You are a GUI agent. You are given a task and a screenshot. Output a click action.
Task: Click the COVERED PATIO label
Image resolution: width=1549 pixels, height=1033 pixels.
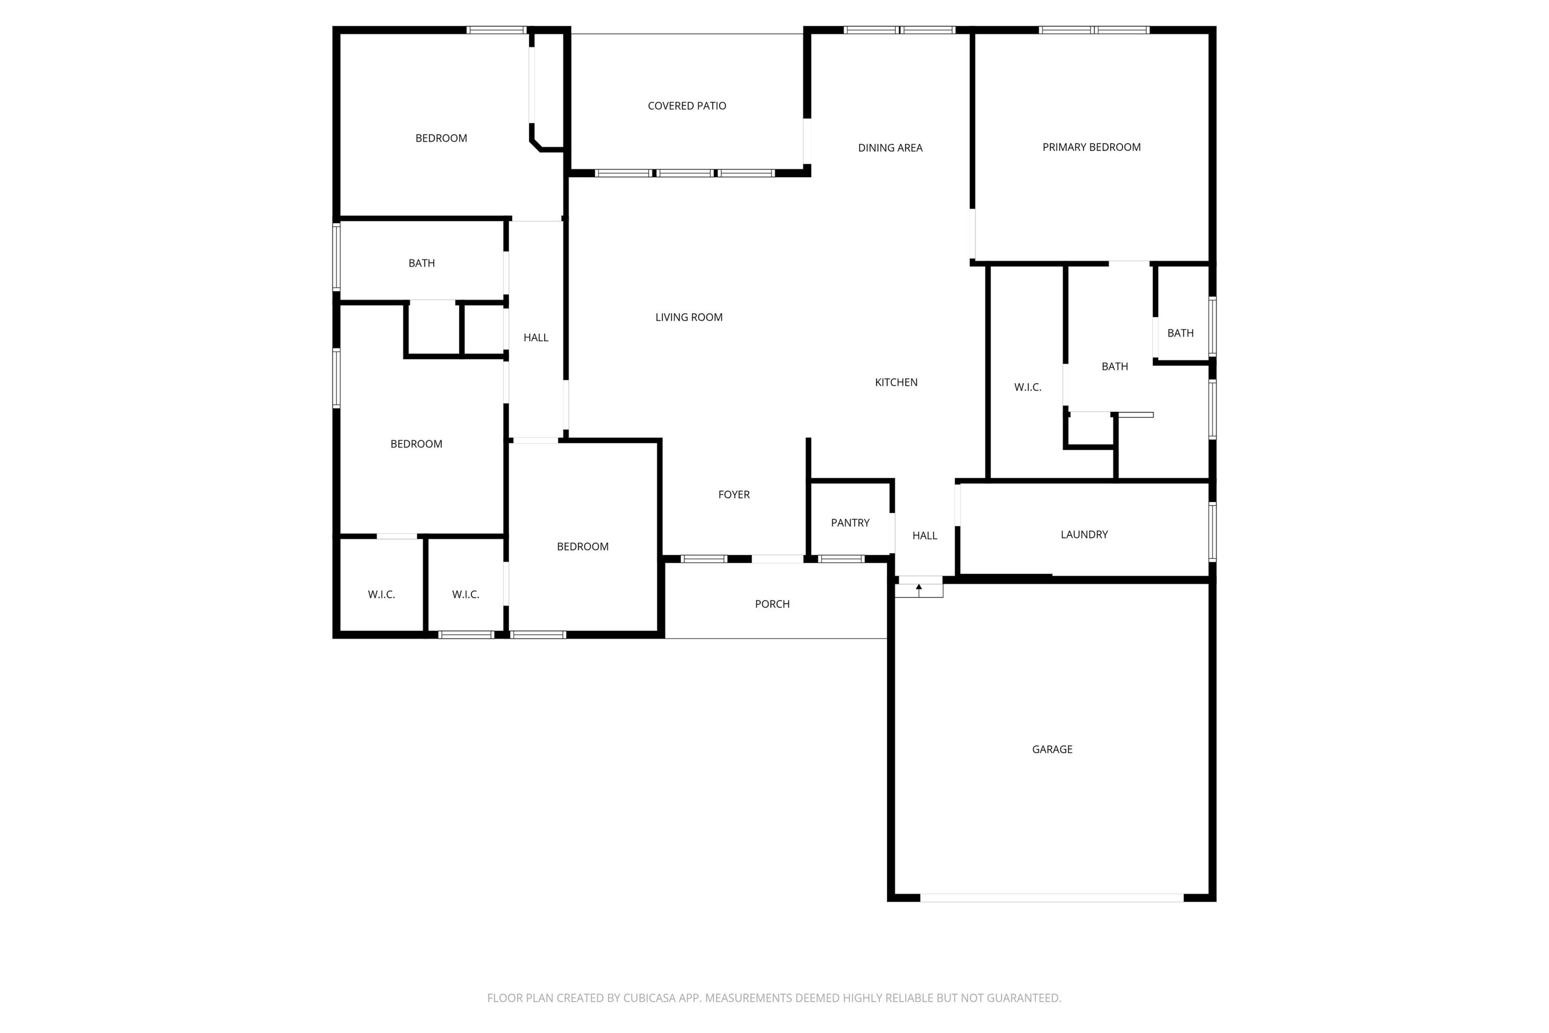pyautogui.click(x=686, y=106)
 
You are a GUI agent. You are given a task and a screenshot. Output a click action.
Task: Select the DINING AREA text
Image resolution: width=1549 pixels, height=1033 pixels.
pyautogui.click(x=890, y=148)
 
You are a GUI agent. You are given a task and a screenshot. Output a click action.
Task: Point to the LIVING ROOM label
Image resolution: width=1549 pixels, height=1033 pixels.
pyautogui.click(x=688, y=318)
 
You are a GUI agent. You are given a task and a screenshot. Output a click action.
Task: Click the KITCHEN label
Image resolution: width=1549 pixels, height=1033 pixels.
pyautogui.click(x=896, y=383)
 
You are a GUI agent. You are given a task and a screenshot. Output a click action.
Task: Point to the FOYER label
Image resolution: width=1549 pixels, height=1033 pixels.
pyautogui.click(x=734, y=495)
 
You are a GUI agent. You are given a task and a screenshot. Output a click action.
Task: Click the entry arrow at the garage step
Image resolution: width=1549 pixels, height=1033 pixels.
pyautogui.click(x=919, y=588)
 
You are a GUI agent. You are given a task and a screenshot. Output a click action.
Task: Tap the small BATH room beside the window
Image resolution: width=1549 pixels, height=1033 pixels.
pyautogui.click(x=1180, y=333)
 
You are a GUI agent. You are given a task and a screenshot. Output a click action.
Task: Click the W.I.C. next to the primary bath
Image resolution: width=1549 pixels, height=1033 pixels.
pyautogui.click(x=1028, y=387)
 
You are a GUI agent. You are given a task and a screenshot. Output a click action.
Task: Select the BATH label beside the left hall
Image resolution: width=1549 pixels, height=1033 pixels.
pyautogui.click(x=421, y=263)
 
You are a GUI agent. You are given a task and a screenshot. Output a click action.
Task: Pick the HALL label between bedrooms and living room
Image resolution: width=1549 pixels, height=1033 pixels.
pyautogui.click(x=535, y=338)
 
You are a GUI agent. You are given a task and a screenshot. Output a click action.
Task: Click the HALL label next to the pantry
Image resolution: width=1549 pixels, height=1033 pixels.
pyautogui.click(x=924, y=536)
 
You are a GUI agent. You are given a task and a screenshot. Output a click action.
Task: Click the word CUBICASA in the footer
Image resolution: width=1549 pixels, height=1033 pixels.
pyautogui.click(x=650, y=998)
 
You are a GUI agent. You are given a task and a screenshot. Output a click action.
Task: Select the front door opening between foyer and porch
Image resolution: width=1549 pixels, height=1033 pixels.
pyautogui.click(x=777, y=559)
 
